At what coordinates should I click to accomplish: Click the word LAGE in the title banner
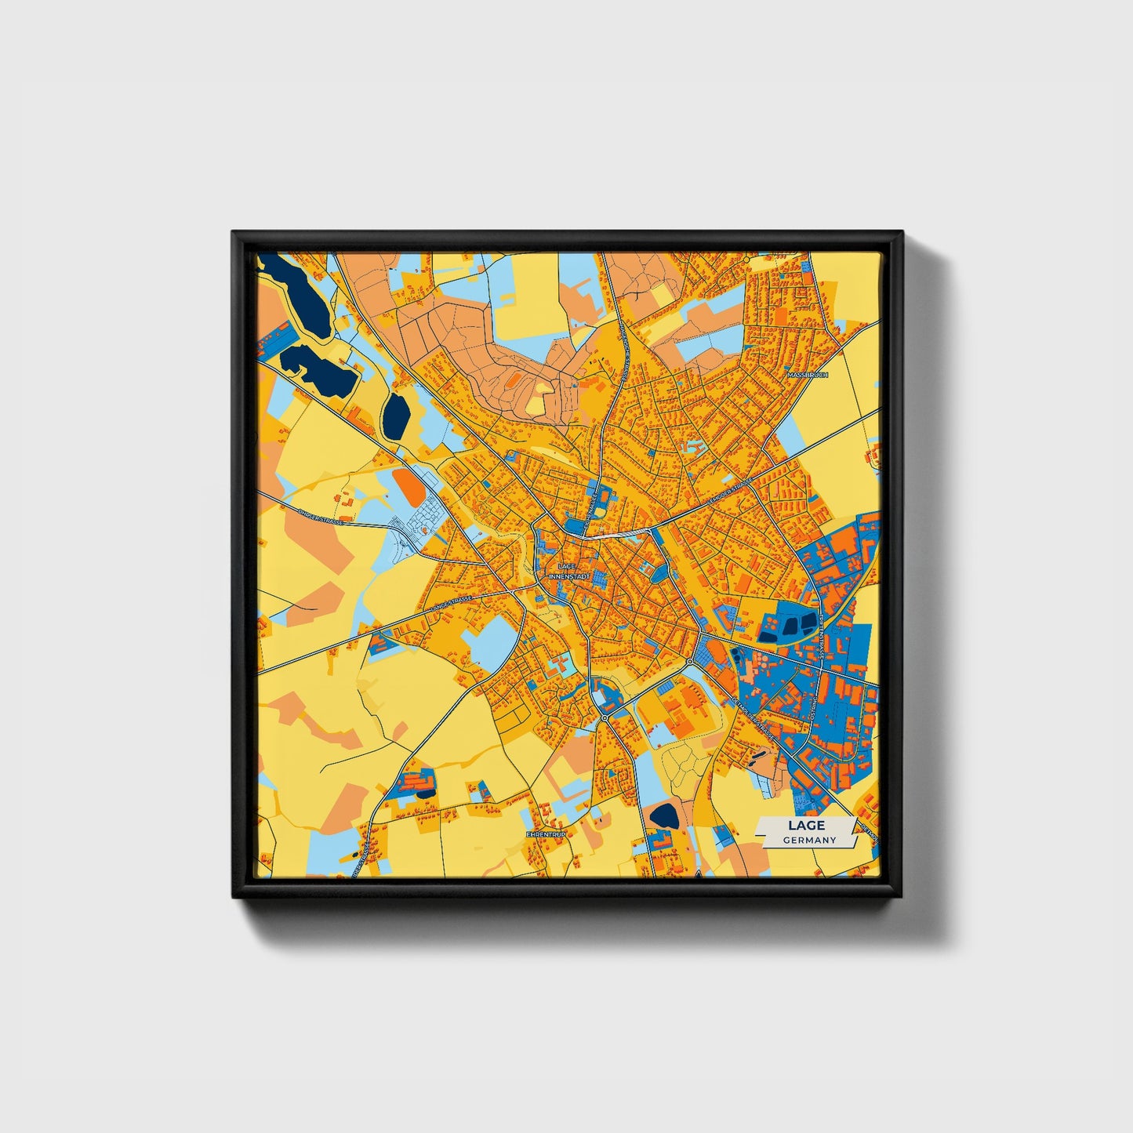click(x=806, y=825)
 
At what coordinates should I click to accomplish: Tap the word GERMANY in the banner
click(x=809, y=840)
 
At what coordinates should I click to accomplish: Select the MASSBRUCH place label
click(x=807, y=376)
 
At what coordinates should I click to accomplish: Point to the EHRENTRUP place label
click(x=546, y=835)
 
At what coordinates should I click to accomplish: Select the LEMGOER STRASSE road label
click(x=729, y=491)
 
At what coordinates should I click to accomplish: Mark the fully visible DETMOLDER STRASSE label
click(x=753, y=717)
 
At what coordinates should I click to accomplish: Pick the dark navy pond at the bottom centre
click(x=666, y=815)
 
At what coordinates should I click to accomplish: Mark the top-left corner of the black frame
click(x=234, y=233)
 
